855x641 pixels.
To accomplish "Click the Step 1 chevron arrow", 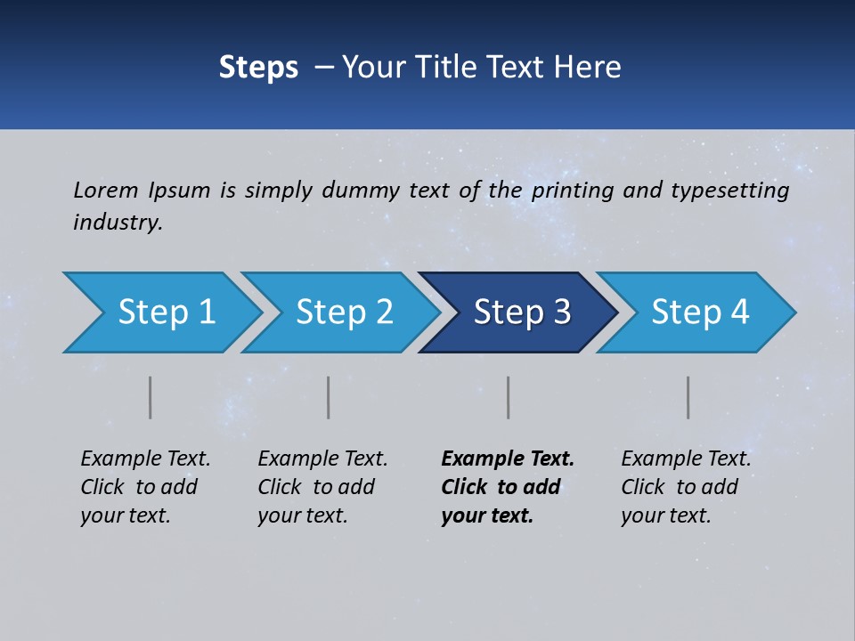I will (165, 312).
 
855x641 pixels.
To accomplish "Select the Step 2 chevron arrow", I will (343, 312).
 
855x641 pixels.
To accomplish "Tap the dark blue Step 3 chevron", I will (521, 312).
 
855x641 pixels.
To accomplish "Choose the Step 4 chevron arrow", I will (699, 312).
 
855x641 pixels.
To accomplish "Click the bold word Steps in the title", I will (258, 68).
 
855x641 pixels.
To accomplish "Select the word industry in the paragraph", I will (117, 222).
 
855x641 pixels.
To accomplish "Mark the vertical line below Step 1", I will (151, 397).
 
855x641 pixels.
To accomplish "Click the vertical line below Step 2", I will (329, 397).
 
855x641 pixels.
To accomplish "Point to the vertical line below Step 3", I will (509, 397).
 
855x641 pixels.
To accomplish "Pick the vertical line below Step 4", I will (688, 397).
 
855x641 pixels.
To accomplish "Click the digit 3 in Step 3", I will (561, 312).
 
